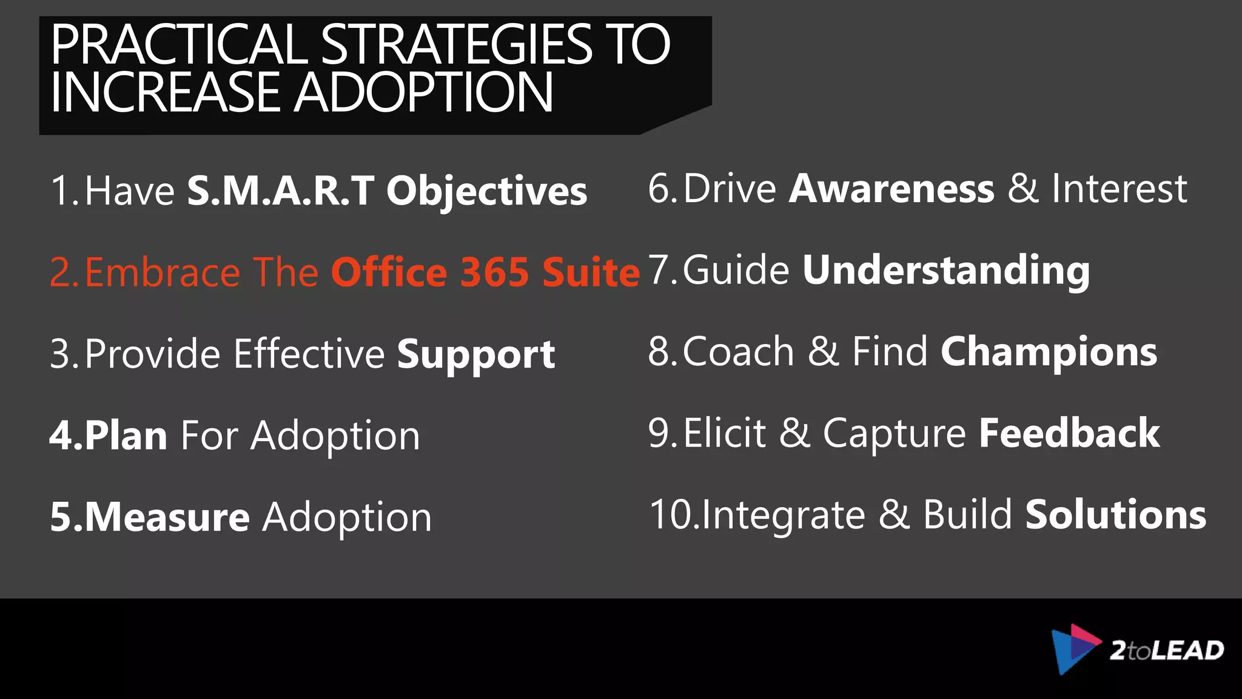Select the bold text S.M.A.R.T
click(x=280, y=191)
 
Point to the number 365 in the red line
click(x=495, y=272)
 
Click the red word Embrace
click(x=163, y=272)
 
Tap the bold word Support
click(x=476, y=354)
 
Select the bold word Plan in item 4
click(x=126, y=436)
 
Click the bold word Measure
click(x=167, y=517)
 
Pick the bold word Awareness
click(x=891, y=189)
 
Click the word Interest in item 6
click(x=1119, y=189)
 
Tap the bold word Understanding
click(x=946, y=271)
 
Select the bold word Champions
click(x=1049, y=352)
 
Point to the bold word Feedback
click(x=1069, y=433)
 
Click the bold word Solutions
click(x=1116, y=515)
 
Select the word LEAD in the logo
click(x=1187, y=650)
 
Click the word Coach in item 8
click(x=738, y=352)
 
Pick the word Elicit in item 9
click(x=725, y=433)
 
